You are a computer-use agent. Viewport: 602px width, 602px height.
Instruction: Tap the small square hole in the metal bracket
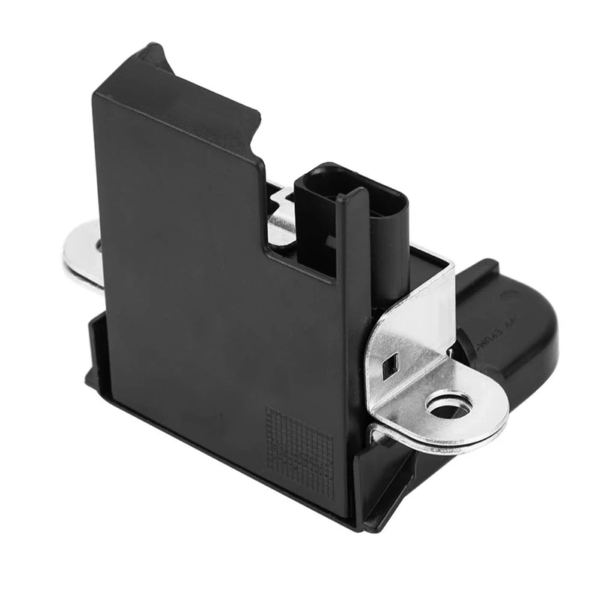[x=391, y=367]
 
